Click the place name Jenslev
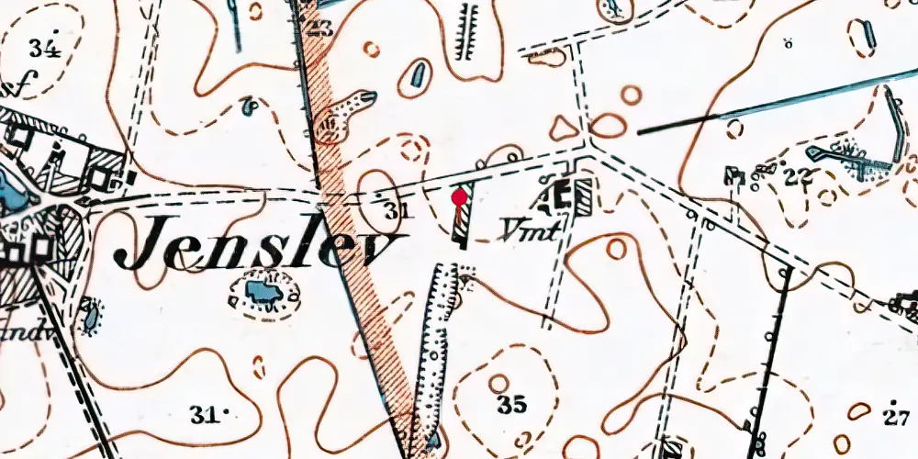(262, 245)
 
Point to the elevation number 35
(510, 404)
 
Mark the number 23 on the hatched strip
(319, 28)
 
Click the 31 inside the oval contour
(395, 211)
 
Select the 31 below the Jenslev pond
(207, 415)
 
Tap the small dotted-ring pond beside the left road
(90, 316)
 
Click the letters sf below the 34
(18, 87)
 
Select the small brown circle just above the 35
(498, 382)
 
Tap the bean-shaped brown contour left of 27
(860, 411)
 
